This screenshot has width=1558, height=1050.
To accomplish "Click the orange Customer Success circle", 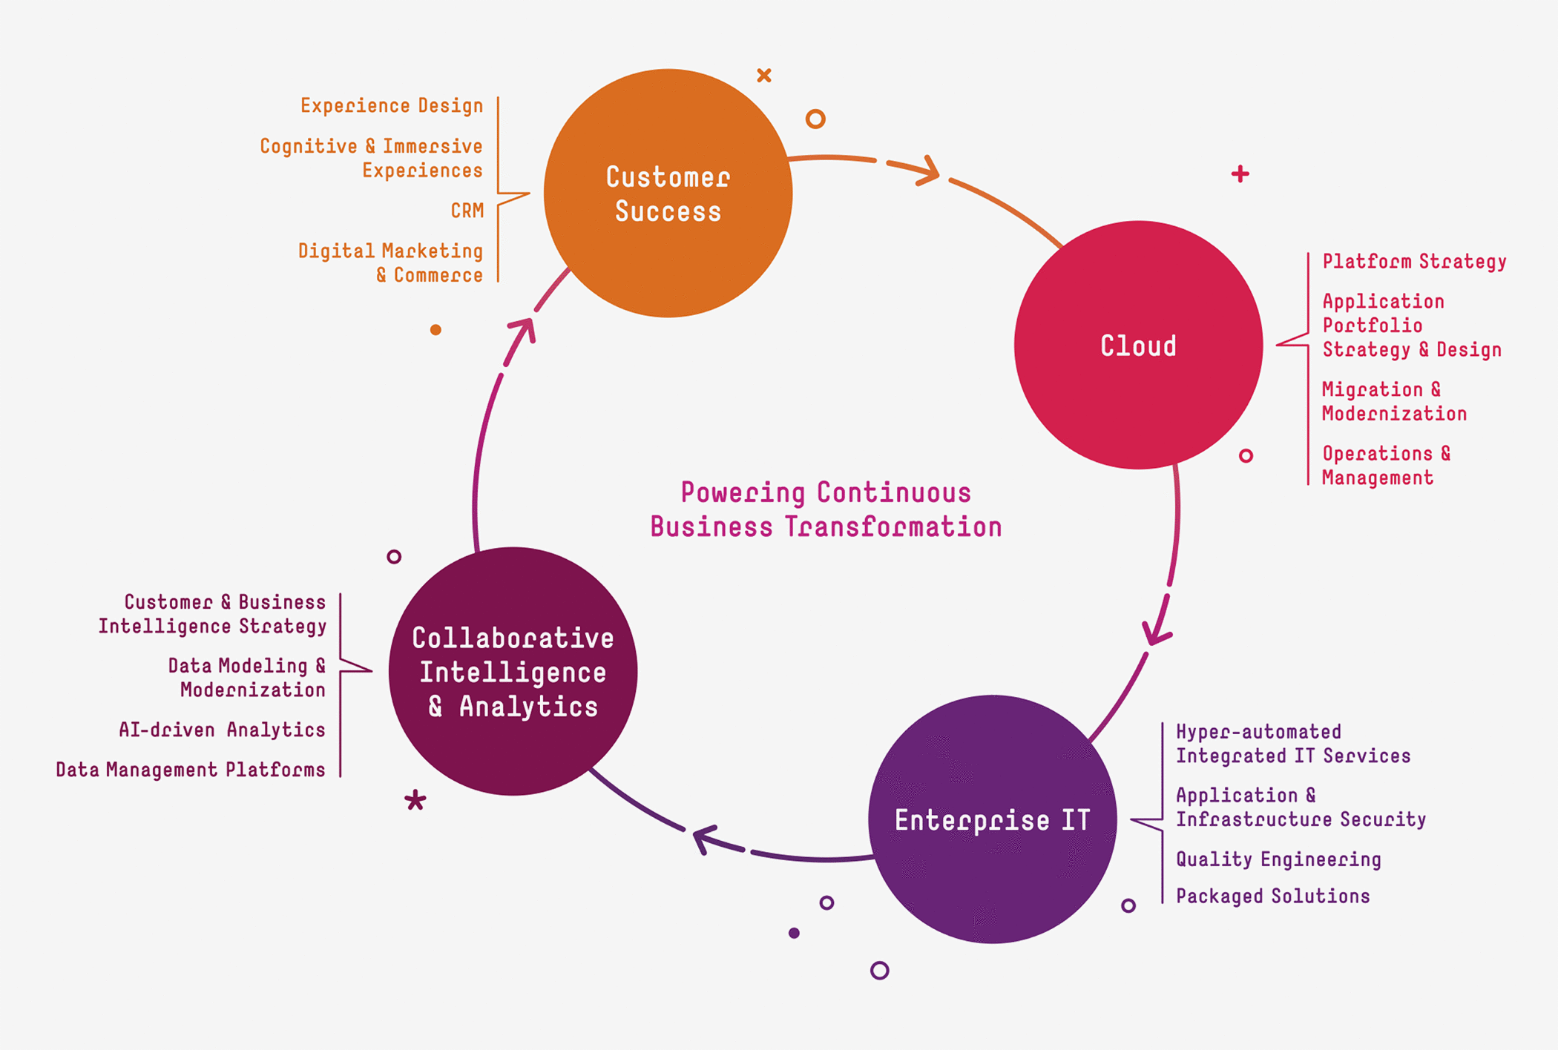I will pos(668,194).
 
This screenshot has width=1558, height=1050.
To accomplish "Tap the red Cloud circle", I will pos(1138,345).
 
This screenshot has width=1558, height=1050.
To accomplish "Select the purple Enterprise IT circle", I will pos(992,819).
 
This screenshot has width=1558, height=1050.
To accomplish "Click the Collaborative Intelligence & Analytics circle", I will pos(513,672).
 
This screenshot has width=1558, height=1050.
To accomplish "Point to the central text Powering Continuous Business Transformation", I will pos(826,509).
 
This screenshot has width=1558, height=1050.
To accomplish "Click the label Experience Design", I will pos(392,106).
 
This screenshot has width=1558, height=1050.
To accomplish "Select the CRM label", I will pos(467,211).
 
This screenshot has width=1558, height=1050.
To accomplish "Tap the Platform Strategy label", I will pos(1414,262).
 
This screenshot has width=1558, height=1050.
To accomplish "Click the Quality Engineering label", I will pos(1278,859).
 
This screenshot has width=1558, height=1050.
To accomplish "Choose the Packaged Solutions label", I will pos(1272,897).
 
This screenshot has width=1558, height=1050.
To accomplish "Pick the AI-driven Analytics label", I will pos(222,730).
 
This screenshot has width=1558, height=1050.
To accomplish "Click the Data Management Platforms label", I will pos(191,770).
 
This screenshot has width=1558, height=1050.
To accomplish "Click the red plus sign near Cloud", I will pos(1240,174).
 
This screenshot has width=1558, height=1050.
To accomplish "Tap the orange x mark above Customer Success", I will pos(764,75).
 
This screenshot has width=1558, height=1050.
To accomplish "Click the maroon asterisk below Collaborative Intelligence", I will pos(415,800).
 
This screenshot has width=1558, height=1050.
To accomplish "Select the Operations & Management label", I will pos(1385,466).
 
